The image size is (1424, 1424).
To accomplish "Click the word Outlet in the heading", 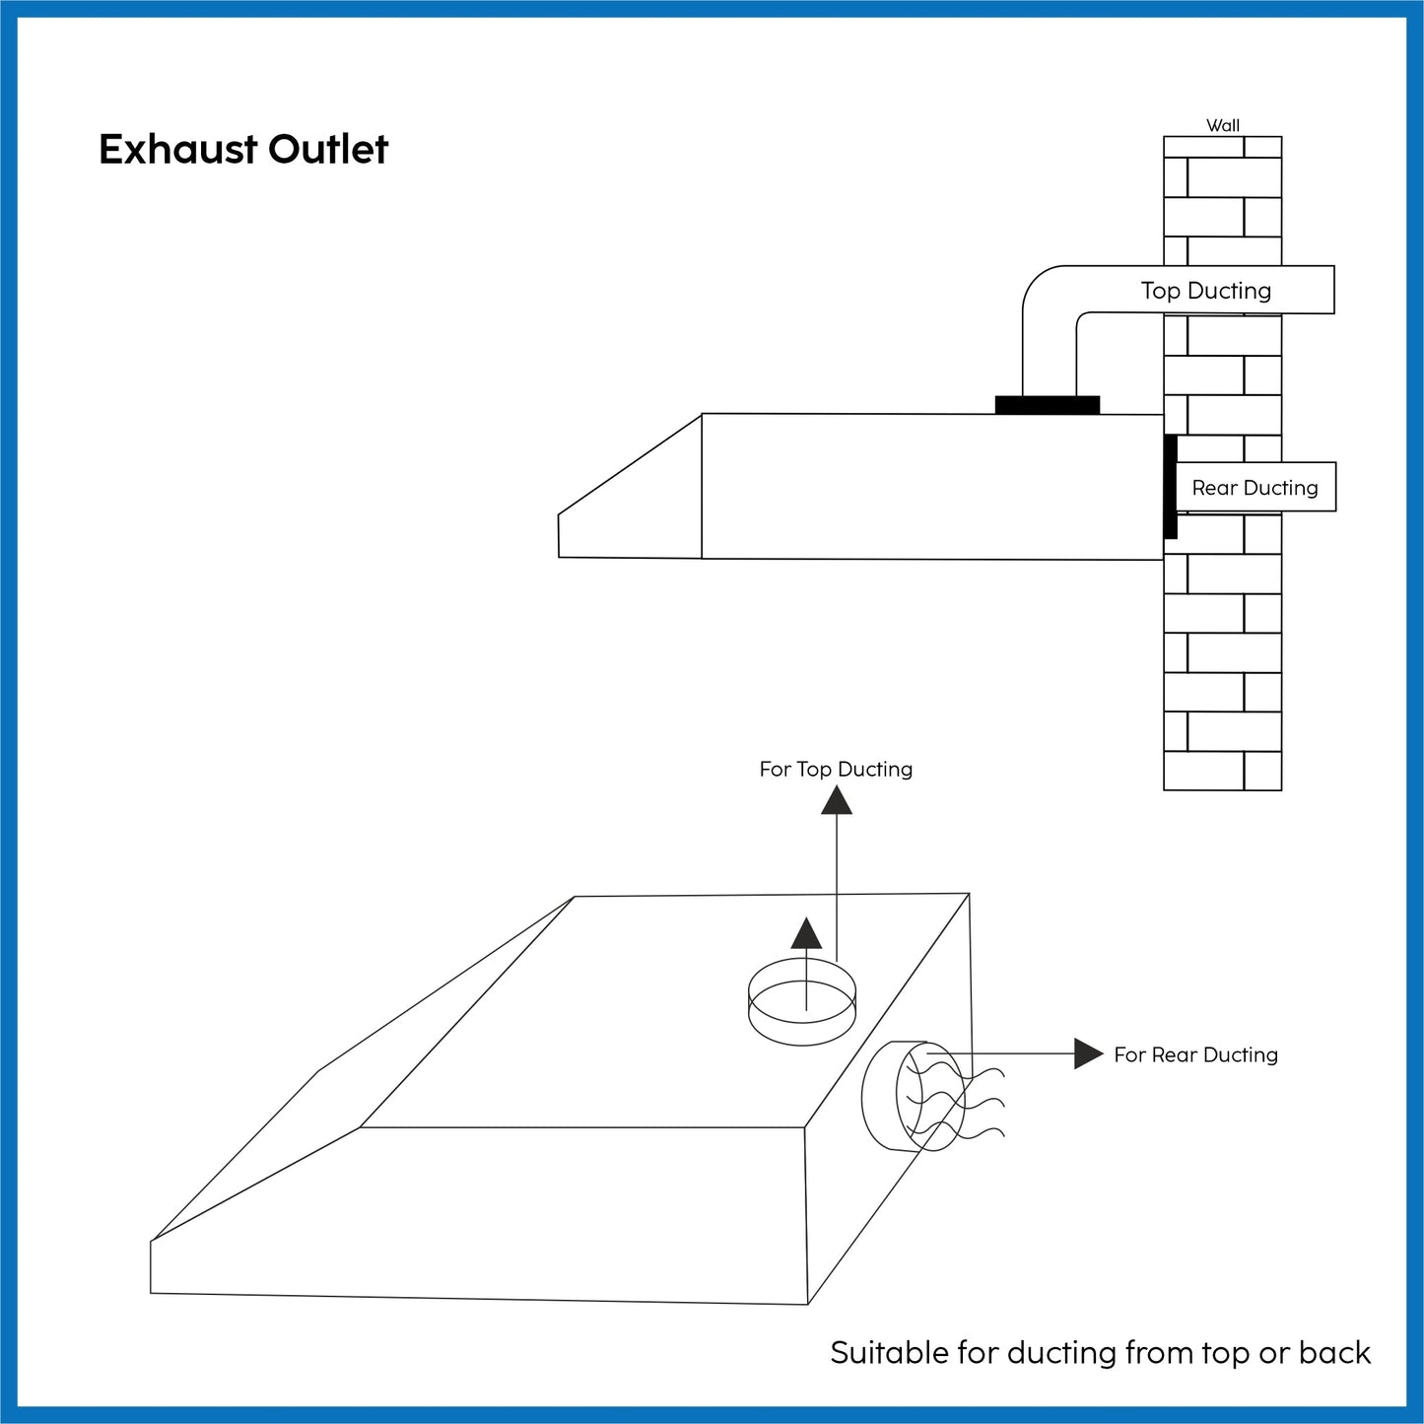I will [x=328, y=150].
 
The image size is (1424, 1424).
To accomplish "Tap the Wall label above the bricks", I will [x=1223, y=125].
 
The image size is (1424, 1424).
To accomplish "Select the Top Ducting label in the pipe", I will [x=1206, y=291].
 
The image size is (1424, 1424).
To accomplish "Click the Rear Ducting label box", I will [x=1254, y=488].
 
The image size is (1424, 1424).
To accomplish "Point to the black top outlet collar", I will [x=1047, y=405].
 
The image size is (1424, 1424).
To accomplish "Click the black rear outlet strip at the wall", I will [x=1170, y=487].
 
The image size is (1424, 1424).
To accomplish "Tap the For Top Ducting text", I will [x=836, y=769].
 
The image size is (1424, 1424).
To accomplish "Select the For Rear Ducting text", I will [x=1195, y=1054].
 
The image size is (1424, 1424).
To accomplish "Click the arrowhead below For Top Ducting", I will [x=837, y=799].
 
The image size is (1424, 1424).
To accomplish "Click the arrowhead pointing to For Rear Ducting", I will [x=1087, y=1053].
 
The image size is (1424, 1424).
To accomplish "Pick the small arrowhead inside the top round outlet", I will [x=806, y=933].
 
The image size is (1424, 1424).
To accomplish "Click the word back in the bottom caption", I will [x=1334, y=1353].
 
